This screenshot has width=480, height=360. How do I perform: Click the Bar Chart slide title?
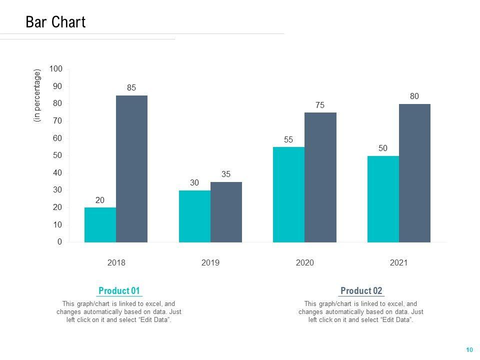[x=55, y=22]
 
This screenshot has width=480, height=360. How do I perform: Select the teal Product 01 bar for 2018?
[x=100, y=225]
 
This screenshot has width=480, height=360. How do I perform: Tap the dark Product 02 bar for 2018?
[x=131, y=169]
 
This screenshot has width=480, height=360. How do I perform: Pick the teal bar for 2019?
[x=194, y=216]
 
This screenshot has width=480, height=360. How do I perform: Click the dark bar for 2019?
[x=226, y=212]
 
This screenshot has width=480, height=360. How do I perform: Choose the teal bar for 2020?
[x=288, y=195]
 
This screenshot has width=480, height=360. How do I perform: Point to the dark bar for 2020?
[x=320, y=177]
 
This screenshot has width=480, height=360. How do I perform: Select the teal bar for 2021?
[x=383, y=199]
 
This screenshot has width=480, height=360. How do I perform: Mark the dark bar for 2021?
[x=414, y=173]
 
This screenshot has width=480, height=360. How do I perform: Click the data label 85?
[x=131, y=87]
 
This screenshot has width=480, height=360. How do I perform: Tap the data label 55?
[x=288, y=140]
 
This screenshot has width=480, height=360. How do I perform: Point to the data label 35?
[x=226, y=174]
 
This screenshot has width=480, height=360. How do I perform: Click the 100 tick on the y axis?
[x=56, y=68]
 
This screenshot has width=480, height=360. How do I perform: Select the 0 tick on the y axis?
[x=59, y=242]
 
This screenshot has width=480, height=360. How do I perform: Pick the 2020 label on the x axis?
[x=304, y=263]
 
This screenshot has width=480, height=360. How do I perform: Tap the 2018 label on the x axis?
[x=116, y=263]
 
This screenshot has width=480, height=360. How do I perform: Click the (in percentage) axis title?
[x=37, y=95]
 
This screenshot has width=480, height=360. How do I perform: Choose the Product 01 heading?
[x=119, y=291]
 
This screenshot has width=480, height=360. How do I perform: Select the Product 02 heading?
[x=361, y=291]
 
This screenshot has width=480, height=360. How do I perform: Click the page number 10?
[x=469, y=349]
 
